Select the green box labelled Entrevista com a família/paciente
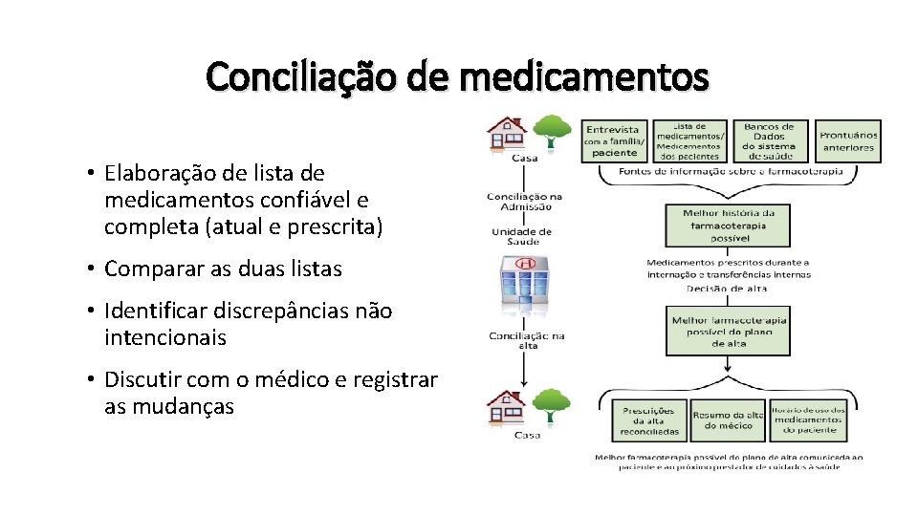click(x=614, y=140)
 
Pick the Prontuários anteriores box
click(x=847, y=140)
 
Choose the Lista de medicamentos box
click(x=689, y=140)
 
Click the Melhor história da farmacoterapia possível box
click(x=729, y=226)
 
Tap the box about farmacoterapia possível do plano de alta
click(x=729, y=331)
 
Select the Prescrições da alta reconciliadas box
click(x=650, y=420)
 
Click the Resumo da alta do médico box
click(x=728, y=419)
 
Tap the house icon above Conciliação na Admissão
click(x=507, y=135)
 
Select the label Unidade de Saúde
click(x=521, y=235)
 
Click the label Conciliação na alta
click(x=526, y=339)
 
